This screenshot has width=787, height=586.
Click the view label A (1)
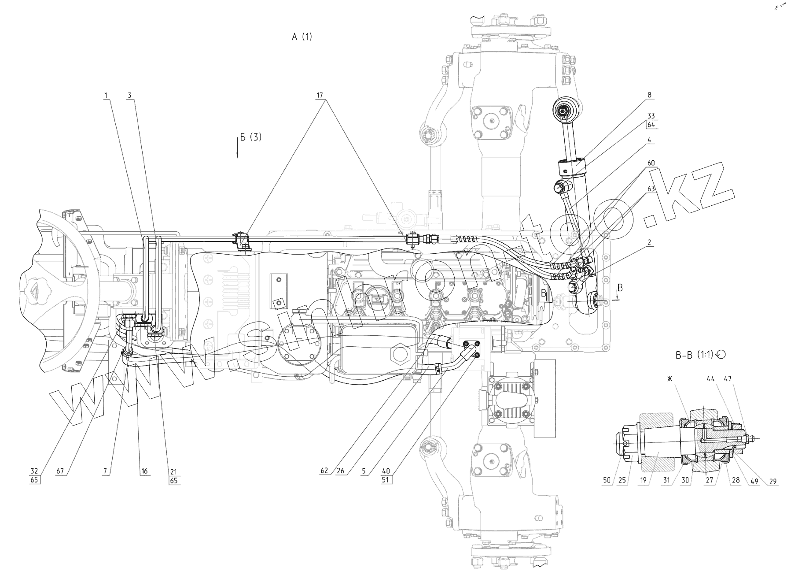302,37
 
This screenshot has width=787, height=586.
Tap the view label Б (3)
250,137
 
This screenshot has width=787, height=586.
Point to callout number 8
650,95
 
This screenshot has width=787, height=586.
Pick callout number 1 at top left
106,95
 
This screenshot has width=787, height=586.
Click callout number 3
130,95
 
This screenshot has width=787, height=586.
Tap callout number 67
60,471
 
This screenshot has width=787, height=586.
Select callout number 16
144,471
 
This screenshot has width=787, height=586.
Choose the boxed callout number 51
386,480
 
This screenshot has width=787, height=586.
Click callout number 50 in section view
607,481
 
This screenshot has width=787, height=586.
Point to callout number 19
644,481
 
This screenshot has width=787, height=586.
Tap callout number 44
710,378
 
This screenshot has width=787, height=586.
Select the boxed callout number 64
651,125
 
